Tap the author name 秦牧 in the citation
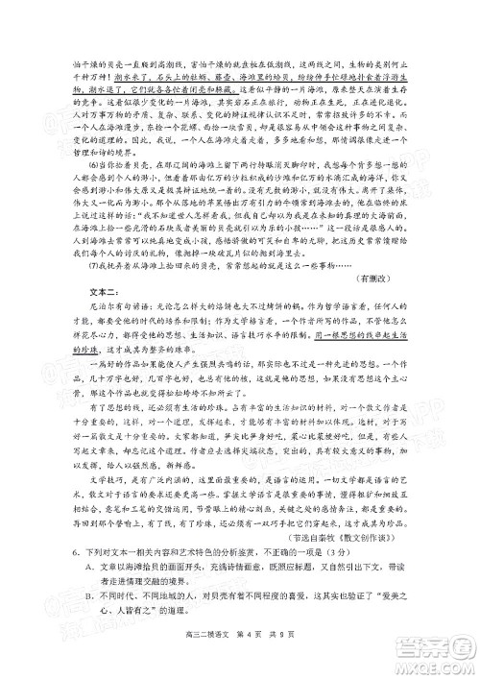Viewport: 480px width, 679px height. coord(348,537)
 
